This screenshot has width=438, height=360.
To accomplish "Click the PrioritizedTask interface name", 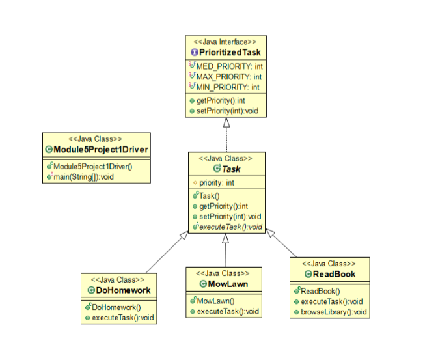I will (229, 52).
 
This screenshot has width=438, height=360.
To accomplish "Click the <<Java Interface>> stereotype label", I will (225, 42).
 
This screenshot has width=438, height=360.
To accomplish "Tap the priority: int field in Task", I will (217, 183).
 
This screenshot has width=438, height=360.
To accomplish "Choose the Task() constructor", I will (210, 196).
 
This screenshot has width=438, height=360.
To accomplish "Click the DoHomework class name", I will (124, 290).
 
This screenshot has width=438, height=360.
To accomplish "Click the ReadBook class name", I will (334, 274).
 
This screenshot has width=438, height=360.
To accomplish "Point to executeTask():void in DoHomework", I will (122, 318).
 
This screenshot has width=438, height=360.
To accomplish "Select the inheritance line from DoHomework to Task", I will (164, 255).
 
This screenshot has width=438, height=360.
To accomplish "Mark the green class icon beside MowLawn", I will (202, 284).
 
